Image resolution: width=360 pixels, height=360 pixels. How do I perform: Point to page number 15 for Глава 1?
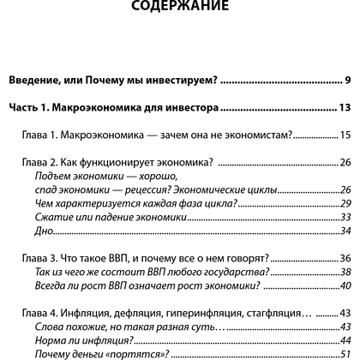346,135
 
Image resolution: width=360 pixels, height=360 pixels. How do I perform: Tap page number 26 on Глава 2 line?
346,163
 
